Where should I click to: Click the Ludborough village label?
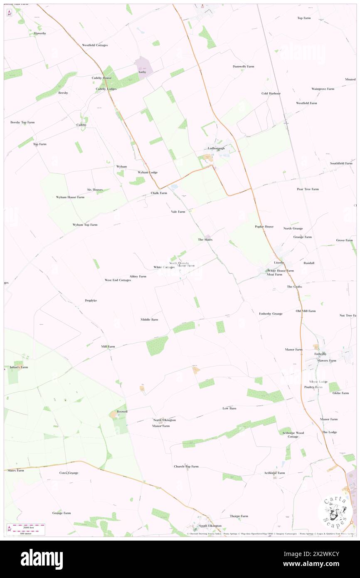(x=216, y=148)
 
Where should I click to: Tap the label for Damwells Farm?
(x=243, y=67)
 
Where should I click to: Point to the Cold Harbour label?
(x=271, y=94)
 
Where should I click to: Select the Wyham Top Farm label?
(x=85, y=225)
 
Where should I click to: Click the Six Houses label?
(x=95, y=190)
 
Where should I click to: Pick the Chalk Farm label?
(x=159, y=193)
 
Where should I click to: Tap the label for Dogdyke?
(x=91, y=300)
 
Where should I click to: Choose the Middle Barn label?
(x=149, y=319)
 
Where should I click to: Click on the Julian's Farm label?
(x=19, y=367)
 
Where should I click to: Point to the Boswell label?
(x=122, y=411)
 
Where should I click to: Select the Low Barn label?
(x=229, y=408)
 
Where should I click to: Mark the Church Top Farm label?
(x=186, y=467)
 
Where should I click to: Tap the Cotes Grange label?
(x=69, y=473)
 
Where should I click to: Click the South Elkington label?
(x=210, y=526)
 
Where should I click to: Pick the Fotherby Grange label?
(x=271, y=314)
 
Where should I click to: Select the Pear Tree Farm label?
(x=308, y=189)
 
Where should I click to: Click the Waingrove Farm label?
(x=323, y=89)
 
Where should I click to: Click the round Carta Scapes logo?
(x=336, y=511)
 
